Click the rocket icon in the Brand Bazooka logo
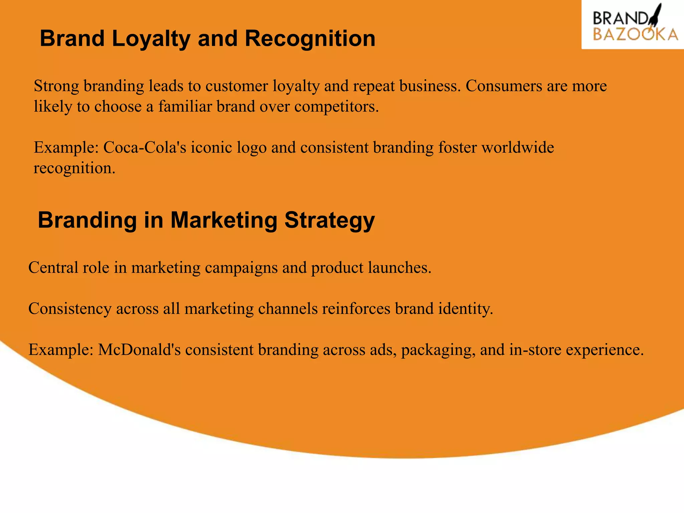pyautogui.click(x=655, y=15)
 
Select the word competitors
pyautogui.click(x=336, y=107)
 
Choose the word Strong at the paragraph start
pyautogui.click(x=56, y=86)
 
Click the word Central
pyautogui.click(x=52, y=268)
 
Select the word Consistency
pyautogui.click(x=70, y=309)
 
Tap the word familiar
pyautogui.click(x=185, y=107)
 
